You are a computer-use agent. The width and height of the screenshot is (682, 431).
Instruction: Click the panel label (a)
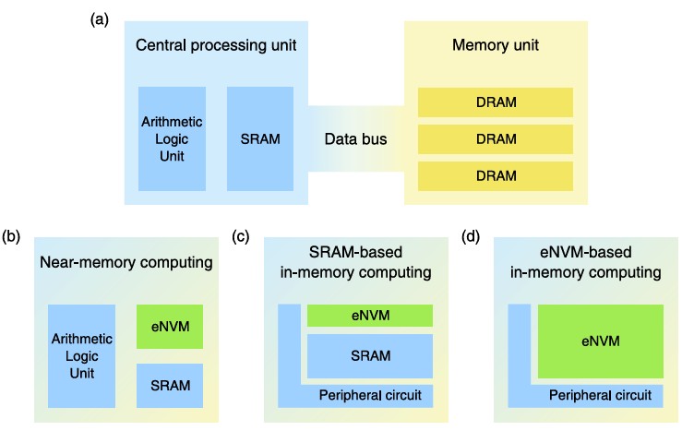point(100,17)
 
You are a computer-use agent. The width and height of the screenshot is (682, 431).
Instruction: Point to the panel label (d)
point(471,236)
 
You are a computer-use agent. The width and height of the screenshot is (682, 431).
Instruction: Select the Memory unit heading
point(496,45)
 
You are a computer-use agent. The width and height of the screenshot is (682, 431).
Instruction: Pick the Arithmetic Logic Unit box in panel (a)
point(172,139)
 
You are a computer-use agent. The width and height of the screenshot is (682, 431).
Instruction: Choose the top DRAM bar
point(496,102)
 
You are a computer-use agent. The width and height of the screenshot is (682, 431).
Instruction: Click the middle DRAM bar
point(496,138)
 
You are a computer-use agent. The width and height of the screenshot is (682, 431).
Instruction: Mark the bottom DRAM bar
point(496,175)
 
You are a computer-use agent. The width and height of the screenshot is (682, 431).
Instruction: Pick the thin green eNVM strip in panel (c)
point(370,317)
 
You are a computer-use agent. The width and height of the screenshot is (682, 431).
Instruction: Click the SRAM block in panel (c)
point(370,356)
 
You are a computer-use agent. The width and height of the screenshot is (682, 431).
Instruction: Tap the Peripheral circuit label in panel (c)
point(369,396)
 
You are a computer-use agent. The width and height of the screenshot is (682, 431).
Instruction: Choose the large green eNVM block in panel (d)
point(599,341)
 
